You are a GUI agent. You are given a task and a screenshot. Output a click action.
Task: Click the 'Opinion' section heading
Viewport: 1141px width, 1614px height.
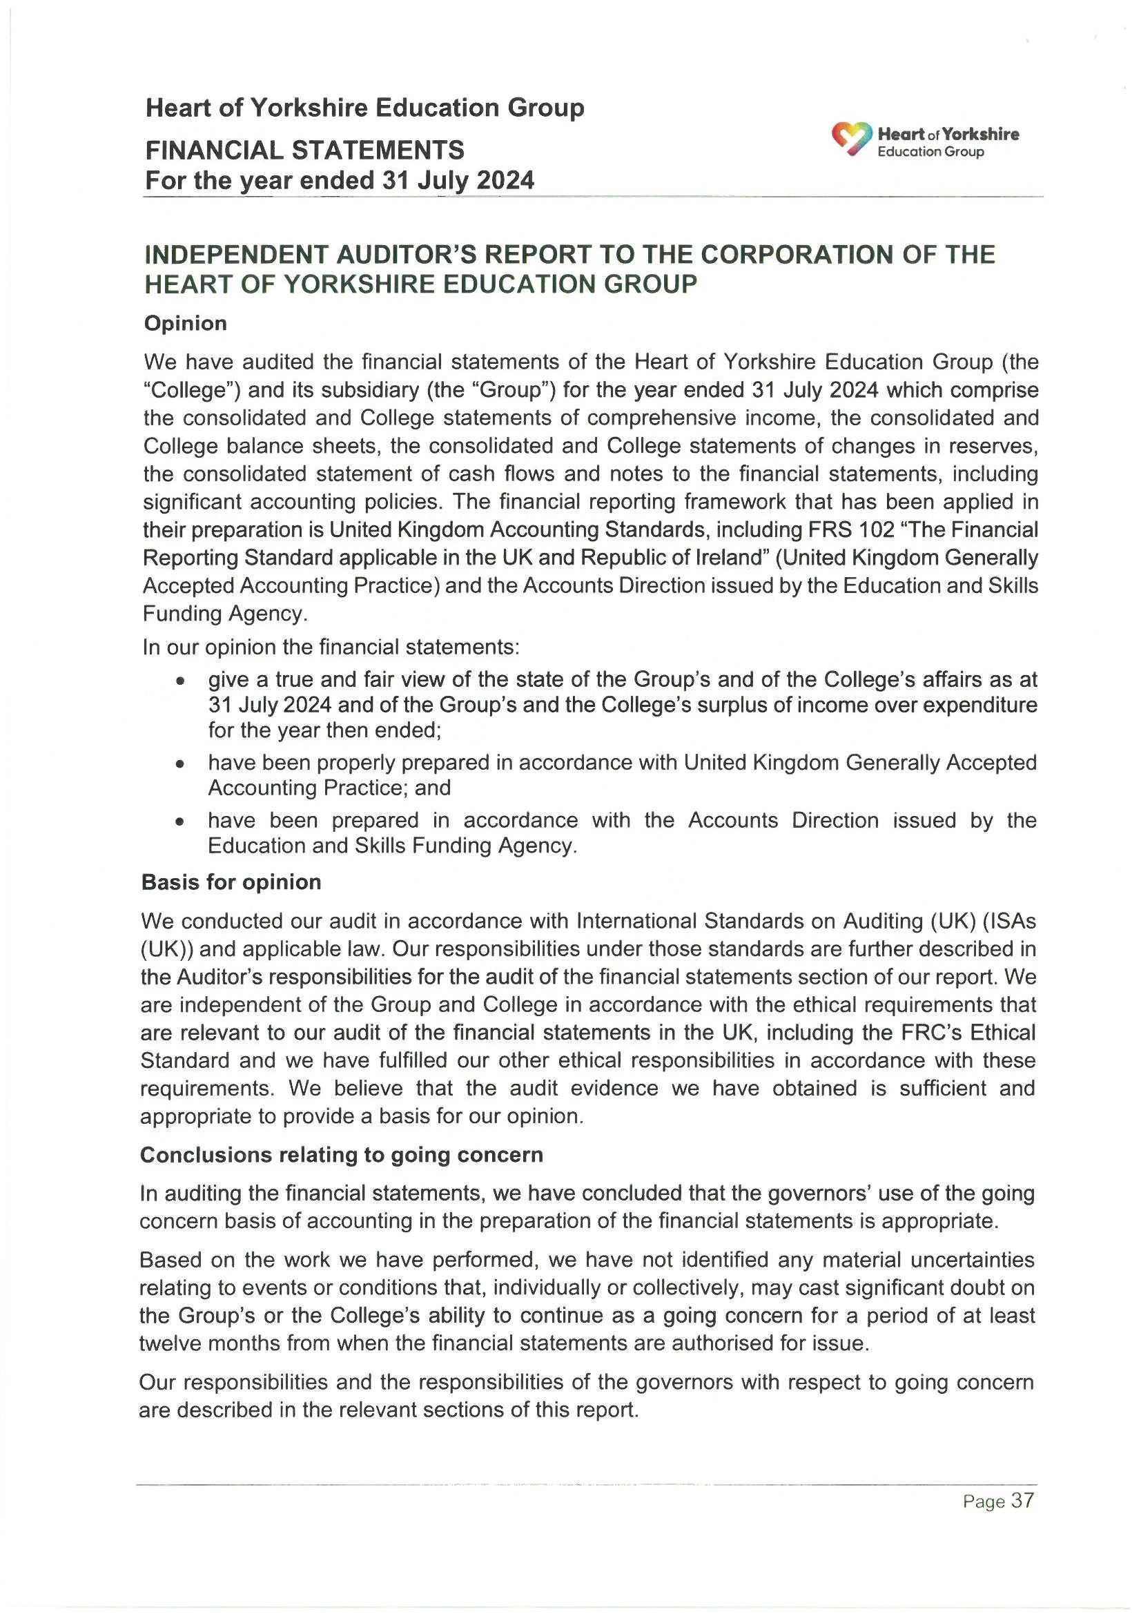coord(186,323)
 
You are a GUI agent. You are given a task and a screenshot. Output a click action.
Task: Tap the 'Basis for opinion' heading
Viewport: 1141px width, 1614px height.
coord(231,882)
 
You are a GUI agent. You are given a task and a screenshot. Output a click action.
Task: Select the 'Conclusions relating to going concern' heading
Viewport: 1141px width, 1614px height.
coord(342,1155)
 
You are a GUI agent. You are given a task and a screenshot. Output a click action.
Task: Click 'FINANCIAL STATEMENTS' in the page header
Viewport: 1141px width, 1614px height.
coord(304,150)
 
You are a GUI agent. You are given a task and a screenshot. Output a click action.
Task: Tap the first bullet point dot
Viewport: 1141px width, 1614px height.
coord(182,681)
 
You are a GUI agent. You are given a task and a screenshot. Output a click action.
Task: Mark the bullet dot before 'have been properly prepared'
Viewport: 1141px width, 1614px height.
coord(182,764)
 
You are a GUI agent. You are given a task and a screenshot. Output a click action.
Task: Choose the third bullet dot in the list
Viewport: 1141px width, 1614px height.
coord(182,821)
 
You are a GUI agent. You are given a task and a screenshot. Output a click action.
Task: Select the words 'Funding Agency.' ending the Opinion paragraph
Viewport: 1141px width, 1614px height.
coord(225,614)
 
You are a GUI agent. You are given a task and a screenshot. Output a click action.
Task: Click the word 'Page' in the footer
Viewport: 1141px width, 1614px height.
coord(984,1522)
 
